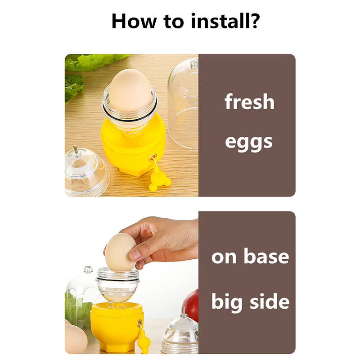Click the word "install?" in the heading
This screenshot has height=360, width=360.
pos(225,21)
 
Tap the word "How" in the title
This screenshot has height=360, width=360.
pos(134,21)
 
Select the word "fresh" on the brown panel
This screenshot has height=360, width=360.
pos(250,102)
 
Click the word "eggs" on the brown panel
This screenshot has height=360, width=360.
pos(249,142)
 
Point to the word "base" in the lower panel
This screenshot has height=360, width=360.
pos(266,256)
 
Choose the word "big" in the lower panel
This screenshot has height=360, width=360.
pos(227,302)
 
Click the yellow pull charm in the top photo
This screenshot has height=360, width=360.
pos(159,179)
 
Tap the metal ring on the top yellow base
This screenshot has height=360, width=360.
pos(153,158)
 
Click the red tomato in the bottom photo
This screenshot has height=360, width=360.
pos(191,306)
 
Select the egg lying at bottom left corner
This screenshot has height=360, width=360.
pos(75,339)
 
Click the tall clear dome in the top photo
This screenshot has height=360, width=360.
pos(183,103)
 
